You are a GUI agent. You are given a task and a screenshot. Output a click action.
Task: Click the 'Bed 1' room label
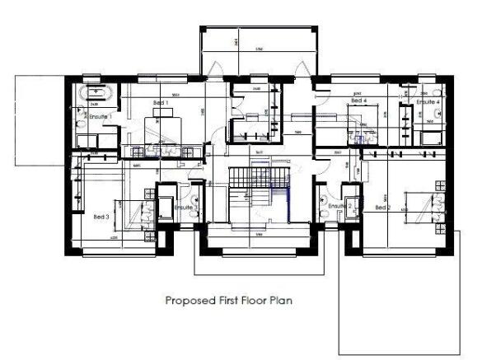(x=161, y=103)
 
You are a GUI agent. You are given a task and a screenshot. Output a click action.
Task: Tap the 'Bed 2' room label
(x=382, y=208)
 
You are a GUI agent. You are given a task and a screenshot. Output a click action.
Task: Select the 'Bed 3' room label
(x=101, y=216)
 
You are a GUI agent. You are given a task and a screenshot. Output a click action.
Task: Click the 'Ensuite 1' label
(x=99, y=117)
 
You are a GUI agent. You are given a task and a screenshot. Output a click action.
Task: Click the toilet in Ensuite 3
(x=196, y=200)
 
